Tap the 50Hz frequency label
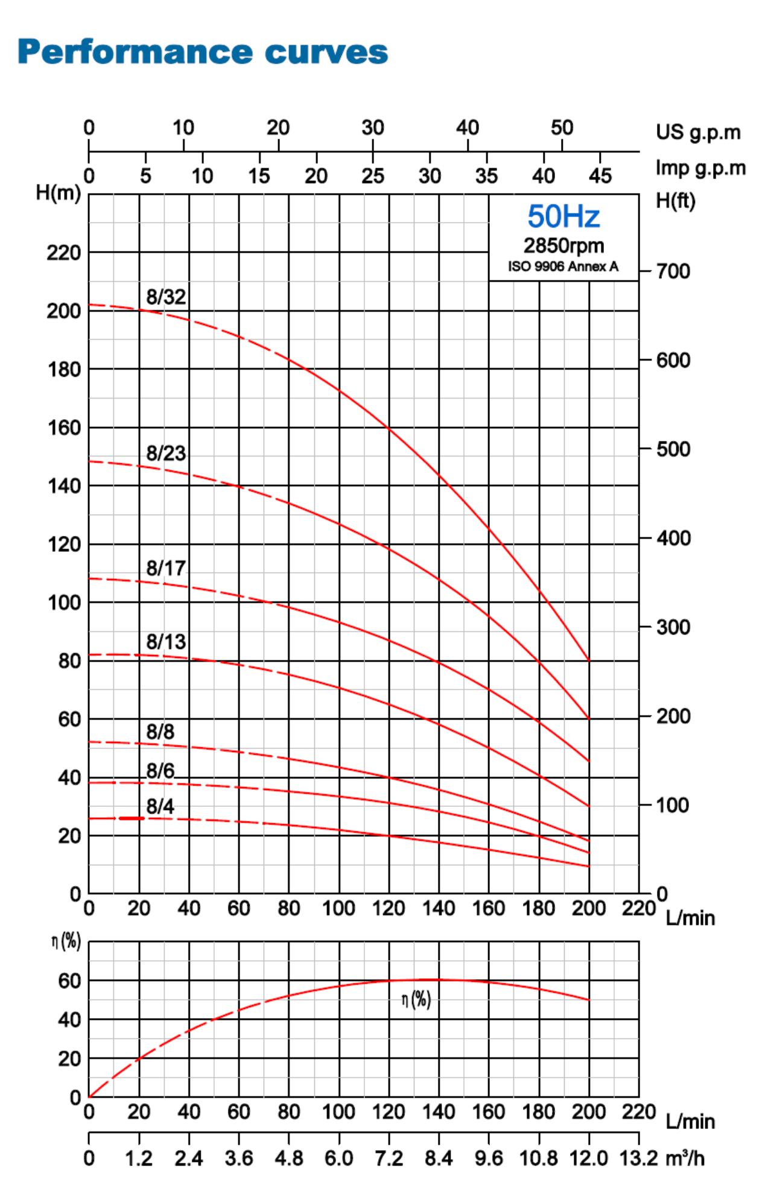click(x=563, y=217)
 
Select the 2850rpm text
click(x=563, y=245)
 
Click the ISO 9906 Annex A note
click(x=563, y=267)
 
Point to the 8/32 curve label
click(x=166, y=297)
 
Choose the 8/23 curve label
click(x=166, y=453)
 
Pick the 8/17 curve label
click(x=166, y=568)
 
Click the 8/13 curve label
click(x=166, y=642)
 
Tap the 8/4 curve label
click(x=160, y=806)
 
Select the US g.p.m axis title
click(x=698, y=132)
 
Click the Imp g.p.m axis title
click(x=700, y=168)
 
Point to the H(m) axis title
click(x=58, y=193)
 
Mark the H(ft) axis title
click(x=676, y=200)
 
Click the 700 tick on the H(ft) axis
click(x=673, y=271)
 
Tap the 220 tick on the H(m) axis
click(x=63, y=253)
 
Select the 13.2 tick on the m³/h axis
click(x=638, y=1159)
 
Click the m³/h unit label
click(x=685, y=1159)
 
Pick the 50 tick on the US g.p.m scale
click(x=562, y=128)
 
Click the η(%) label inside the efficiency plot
click(x=416, y=1000)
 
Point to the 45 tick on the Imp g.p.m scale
click(x=600, y=176)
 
